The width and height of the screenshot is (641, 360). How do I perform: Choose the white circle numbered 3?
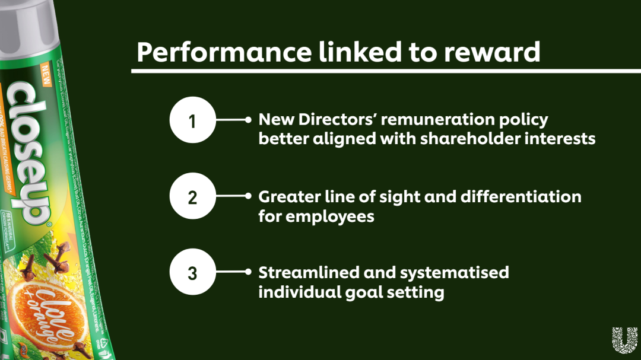coord(192,273)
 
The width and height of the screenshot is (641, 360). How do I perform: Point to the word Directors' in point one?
coord(338,120)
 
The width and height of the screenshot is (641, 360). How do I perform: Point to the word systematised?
coord(455,272)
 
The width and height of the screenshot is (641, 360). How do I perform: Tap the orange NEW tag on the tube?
coord(46,74)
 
